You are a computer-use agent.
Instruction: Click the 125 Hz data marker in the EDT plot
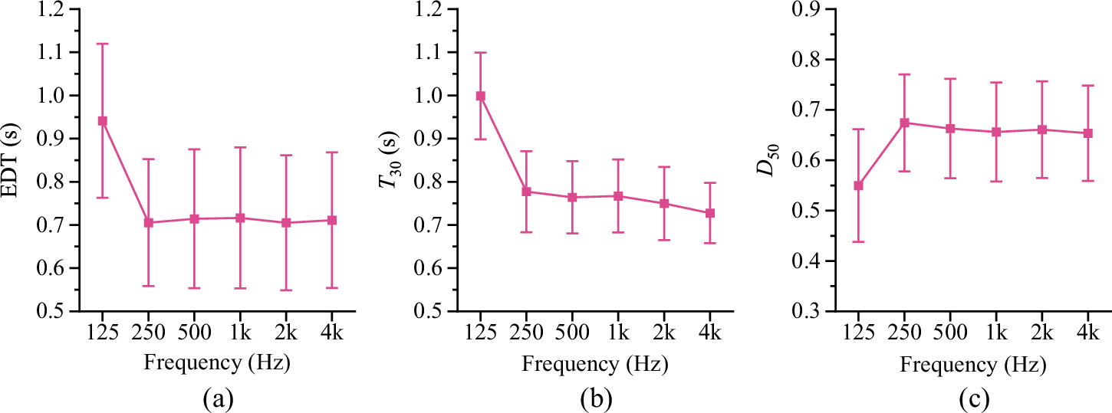click(102, 121)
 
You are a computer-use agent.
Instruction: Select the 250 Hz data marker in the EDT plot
click(148, 223)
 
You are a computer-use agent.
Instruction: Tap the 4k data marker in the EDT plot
click(332, 221)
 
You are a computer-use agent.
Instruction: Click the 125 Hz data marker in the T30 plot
click(481, 96)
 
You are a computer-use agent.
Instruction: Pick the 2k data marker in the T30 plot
click(665, 204)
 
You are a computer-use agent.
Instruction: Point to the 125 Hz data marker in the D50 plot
click(858, 185)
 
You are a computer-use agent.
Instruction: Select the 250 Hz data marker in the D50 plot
click(904, 123)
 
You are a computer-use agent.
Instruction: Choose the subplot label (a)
click(217, 398)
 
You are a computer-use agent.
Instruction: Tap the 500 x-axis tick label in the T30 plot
click(572, 333)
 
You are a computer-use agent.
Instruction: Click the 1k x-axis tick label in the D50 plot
click(996, 333)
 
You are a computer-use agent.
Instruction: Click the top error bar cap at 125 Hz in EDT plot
click(102, 44)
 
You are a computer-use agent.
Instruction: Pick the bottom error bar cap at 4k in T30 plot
click(711, 243)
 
